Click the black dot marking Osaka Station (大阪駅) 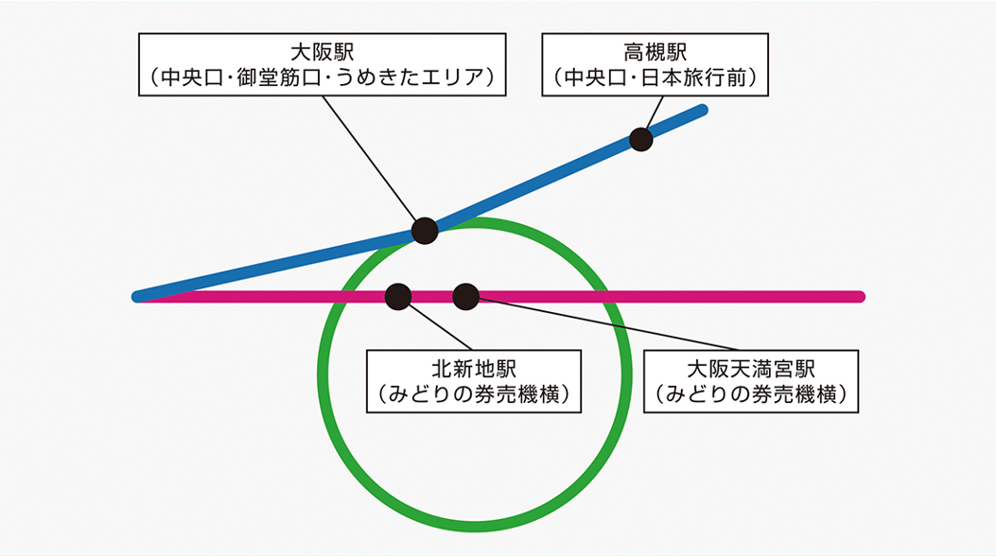click(x=425, y=230)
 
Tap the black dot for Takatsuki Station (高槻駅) click(x=641, y=140)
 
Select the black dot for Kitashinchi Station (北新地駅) click(x=398, y=297)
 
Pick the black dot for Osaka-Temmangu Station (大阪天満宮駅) click(x=465, y=297)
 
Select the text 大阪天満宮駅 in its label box click(x=751, y=368)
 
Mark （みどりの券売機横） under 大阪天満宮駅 click(x=751, y=394)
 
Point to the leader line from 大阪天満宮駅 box click(x=605, y=323)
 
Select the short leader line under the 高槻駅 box click(x=653, y=113)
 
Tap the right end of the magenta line click(x=859, y=297)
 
